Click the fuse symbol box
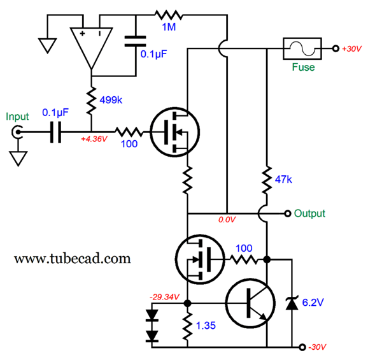click(302, 38)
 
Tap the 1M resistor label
click(169, 27)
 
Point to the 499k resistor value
click(111, 100)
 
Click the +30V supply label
click(351, 49)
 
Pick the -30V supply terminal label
click(317, 347)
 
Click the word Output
click(309, 213)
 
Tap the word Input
click(17, 117)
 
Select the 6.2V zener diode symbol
click(292, 303)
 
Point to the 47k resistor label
click(283, 180)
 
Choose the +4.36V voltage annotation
click(94, 139)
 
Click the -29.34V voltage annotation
click(164, 297)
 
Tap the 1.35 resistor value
click(206, 326)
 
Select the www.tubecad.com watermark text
click(73, 259)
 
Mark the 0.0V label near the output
click(227, 220)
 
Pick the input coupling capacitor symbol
click(56, 132)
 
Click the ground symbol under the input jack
click(18, 159)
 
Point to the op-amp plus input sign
click(82, 34)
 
